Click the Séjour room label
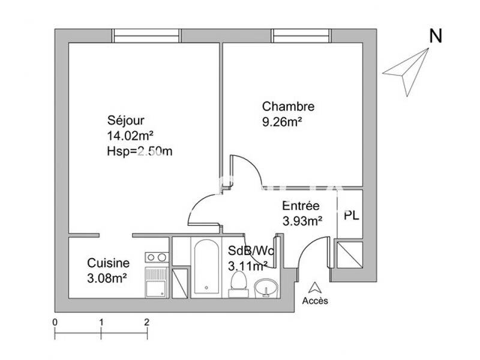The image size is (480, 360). coord(125,120)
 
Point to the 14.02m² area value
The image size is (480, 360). coord(130,136)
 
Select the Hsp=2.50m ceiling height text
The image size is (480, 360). coord(139,151)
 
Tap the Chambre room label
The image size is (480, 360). coord(288,107)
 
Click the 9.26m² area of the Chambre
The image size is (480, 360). coord(281,122)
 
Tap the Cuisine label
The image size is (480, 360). coord(108,263)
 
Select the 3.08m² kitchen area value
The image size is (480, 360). coord(107,278)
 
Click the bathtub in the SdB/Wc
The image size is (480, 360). coord(207,266)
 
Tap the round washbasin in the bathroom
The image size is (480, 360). coord(265,289)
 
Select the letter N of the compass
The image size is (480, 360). coord(436,37)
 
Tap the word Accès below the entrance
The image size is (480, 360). coord(315,301)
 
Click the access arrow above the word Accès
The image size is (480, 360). coord(315,287)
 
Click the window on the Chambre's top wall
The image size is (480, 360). coord(303,36)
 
